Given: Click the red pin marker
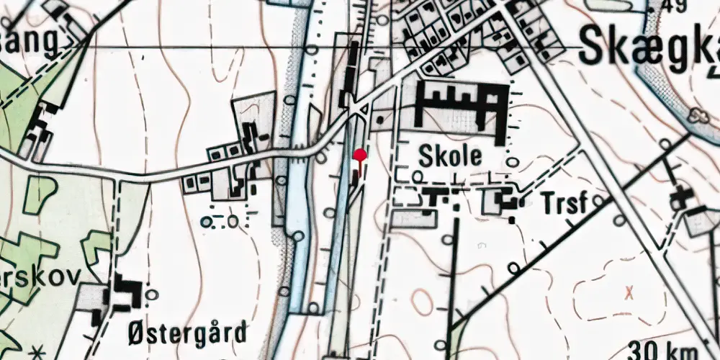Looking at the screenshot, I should pyautogui.click(x=359, y=155).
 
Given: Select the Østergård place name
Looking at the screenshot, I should pyautogui.click(x=186, y=333).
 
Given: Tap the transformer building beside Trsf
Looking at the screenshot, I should pyautogui.click(x=508, y=201).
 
